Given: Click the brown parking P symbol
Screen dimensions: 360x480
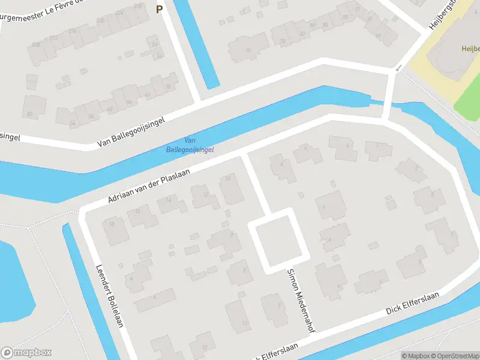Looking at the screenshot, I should [x=159, y=9].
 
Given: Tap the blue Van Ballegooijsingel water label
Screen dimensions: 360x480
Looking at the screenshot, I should [x=190, y=145].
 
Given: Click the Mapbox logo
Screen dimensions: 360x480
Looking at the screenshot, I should [x=26, y=352].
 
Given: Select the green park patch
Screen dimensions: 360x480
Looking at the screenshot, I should [x=468, y=99].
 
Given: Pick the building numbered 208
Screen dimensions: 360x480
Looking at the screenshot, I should [x=36, y=44].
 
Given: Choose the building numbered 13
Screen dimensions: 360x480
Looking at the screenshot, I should [x=244, y=323].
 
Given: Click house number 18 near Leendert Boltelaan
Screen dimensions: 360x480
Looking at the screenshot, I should [x=112, y=224].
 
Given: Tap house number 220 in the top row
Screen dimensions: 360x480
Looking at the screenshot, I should [x=100, y=20].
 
